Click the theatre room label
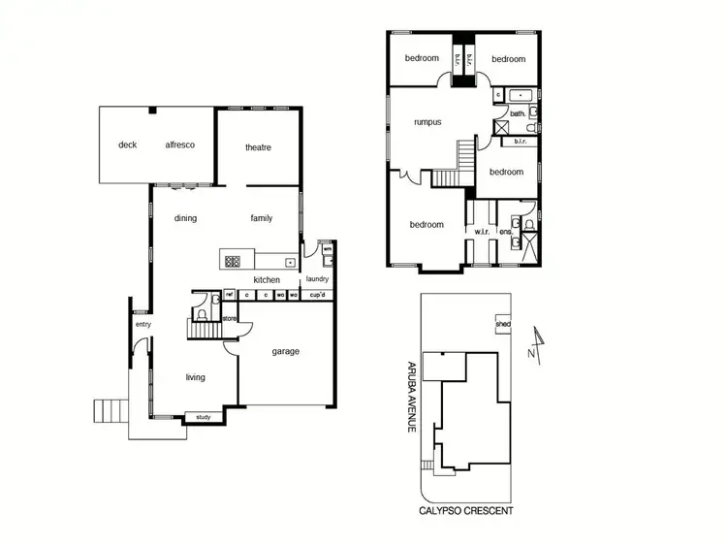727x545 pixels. (258, 147)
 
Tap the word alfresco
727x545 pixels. (179, 144)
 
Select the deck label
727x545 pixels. (128, 144)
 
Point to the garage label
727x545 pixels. (285, 351)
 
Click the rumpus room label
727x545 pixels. (427, 122)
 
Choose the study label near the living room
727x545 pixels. (204, 418)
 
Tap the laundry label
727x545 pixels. (317, 279)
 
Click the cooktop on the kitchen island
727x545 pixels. (233, 260)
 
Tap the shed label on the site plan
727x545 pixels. (502, 324)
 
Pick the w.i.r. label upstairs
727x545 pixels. (482, 232)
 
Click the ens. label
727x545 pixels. (506, 232)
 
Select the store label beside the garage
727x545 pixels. (230, 318)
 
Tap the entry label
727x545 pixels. (143, 324)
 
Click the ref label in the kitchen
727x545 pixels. (231, 295)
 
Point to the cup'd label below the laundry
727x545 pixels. (316, 295)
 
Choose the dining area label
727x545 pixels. (185, 218)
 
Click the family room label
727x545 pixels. (261, 218)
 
